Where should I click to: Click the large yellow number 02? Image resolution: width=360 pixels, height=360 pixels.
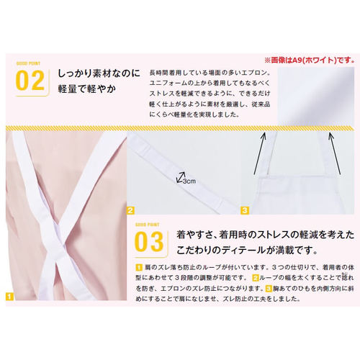(30, 81)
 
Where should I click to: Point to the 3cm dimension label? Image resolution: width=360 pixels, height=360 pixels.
(189, 181)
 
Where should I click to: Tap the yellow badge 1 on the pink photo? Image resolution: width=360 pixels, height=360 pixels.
(9, 295)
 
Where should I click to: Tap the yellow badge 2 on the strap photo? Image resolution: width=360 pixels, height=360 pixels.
(131, 211)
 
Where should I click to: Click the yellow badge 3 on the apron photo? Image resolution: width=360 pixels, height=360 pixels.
(245, 211)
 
